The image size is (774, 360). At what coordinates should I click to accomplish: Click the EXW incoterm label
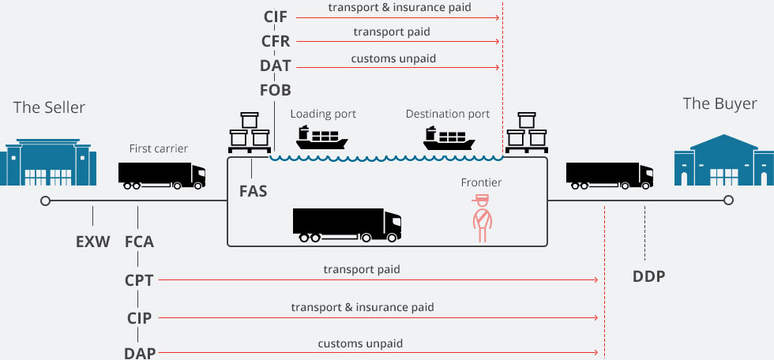93,242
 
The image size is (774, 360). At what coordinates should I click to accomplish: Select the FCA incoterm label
139,242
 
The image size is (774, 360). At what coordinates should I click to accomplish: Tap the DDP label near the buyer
648,276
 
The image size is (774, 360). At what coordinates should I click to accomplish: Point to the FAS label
254,191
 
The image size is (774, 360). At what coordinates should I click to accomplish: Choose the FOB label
276,90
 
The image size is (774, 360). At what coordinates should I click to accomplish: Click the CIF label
276,17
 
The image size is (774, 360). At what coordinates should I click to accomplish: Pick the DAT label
276,66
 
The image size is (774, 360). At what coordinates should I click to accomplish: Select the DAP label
140,353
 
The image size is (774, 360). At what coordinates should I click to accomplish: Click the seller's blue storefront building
48,163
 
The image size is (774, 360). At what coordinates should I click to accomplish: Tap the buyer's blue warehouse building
723,160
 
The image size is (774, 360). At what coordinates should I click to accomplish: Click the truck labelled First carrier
162,175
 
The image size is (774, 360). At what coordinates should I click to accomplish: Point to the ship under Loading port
322,137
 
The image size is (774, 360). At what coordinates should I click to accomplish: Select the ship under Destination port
449,137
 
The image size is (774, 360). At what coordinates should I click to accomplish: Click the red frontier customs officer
482,219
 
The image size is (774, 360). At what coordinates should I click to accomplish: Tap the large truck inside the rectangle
347,225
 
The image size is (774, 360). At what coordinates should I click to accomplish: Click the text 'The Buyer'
720,104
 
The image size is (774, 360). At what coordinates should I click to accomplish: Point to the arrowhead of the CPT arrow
596,279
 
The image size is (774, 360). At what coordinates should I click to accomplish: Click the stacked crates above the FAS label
250,133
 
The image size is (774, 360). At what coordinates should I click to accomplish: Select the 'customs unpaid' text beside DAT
393,58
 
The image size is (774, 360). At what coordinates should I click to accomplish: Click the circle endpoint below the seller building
46,201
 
